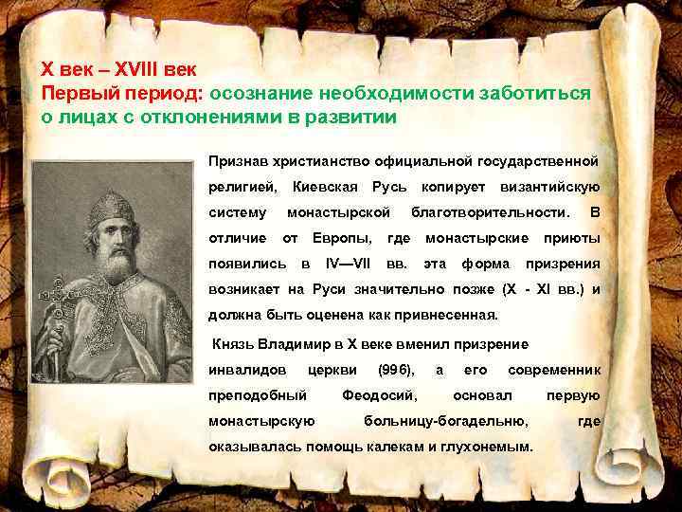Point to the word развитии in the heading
(x=353, y=119)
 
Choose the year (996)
(x=395, y=369)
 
